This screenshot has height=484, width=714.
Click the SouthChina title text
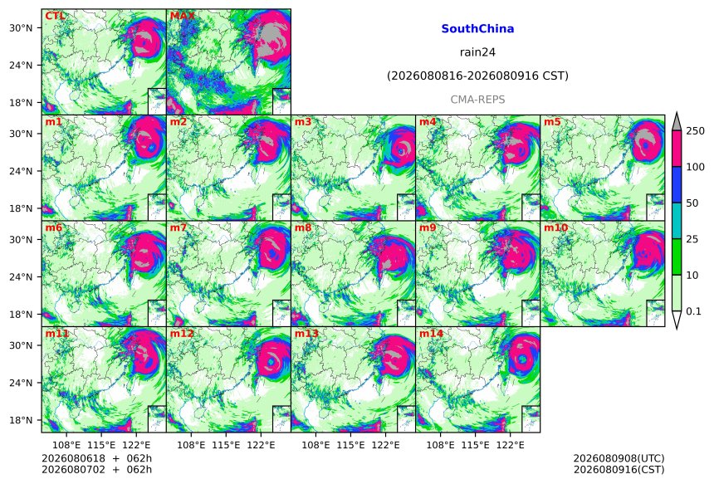[477, 29]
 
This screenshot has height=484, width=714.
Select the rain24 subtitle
[477, 52]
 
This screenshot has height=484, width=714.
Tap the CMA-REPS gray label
[477, 100]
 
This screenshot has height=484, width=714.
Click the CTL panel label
[55, 16]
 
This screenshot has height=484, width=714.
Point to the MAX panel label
[182, 16]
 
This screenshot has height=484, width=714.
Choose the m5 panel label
[552, 122]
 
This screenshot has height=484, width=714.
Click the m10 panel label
[555, 227]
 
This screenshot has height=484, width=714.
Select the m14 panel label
[431, 334]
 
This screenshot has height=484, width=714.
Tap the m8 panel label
[303, 227]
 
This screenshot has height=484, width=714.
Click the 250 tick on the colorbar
[696, 131]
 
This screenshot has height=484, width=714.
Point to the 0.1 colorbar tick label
[693, 311]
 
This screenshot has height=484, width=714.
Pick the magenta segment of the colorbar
[677, 149]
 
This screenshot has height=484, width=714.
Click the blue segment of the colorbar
[677, 184]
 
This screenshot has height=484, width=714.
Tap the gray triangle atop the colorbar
[677, 123]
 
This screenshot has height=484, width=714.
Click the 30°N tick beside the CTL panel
[21, 27]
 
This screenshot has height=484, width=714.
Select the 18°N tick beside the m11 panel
[21, 420]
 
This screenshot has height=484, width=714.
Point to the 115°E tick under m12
[227, 445]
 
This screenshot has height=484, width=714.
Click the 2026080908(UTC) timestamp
[619, 458]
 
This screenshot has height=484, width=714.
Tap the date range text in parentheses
[477, 76]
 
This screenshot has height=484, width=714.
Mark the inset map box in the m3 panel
[406, 208]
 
